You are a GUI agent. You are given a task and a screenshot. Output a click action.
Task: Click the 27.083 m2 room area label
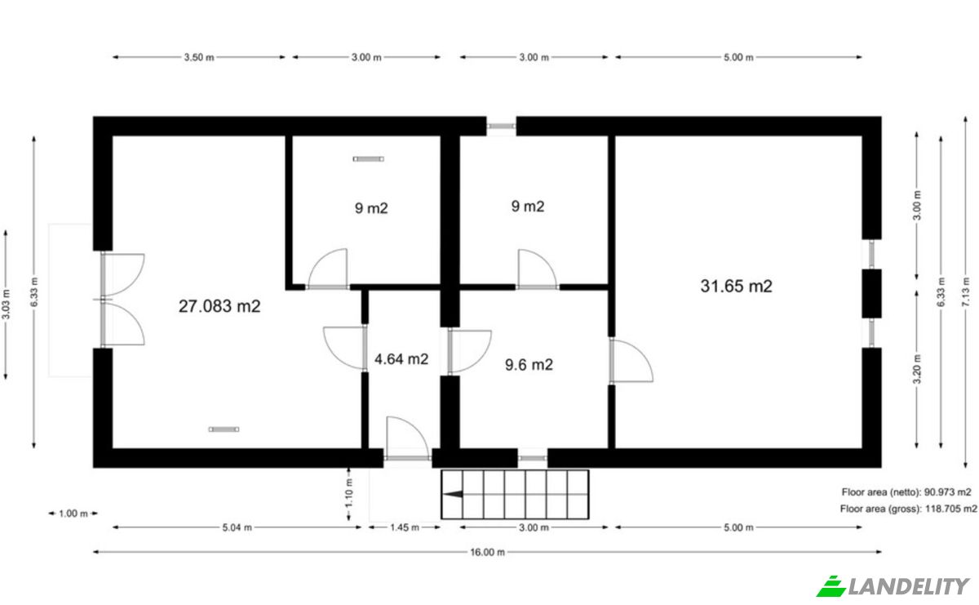219,306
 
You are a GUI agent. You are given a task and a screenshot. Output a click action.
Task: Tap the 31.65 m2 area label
737,286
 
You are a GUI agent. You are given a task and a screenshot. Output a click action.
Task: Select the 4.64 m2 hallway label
401,359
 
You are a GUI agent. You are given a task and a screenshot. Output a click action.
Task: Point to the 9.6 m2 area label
529,364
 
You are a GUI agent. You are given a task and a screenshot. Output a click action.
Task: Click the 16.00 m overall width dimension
487,552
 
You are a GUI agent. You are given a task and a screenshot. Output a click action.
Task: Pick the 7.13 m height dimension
965,291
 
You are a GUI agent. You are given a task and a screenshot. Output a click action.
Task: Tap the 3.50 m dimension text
199,57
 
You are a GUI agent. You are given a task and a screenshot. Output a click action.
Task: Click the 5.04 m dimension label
237,527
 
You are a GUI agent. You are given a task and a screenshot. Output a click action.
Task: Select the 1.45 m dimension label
405,527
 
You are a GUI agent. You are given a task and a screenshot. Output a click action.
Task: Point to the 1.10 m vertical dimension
349,493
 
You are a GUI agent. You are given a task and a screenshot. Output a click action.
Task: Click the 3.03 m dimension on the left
7,304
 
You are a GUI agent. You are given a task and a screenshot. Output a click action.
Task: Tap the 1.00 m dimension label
73,514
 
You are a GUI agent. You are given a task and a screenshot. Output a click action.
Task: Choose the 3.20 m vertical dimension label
917,369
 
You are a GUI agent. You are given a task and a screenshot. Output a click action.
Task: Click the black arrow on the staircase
453,494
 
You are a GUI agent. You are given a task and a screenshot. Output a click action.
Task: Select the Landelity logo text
908,586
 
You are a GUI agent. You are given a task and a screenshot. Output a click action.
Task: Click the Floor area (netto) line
906,492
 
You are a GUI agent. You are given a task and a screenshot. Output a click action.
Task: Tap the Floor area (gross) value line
909,509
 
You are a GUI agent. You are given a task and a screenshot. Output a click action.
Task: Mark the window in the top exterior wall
501,127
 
